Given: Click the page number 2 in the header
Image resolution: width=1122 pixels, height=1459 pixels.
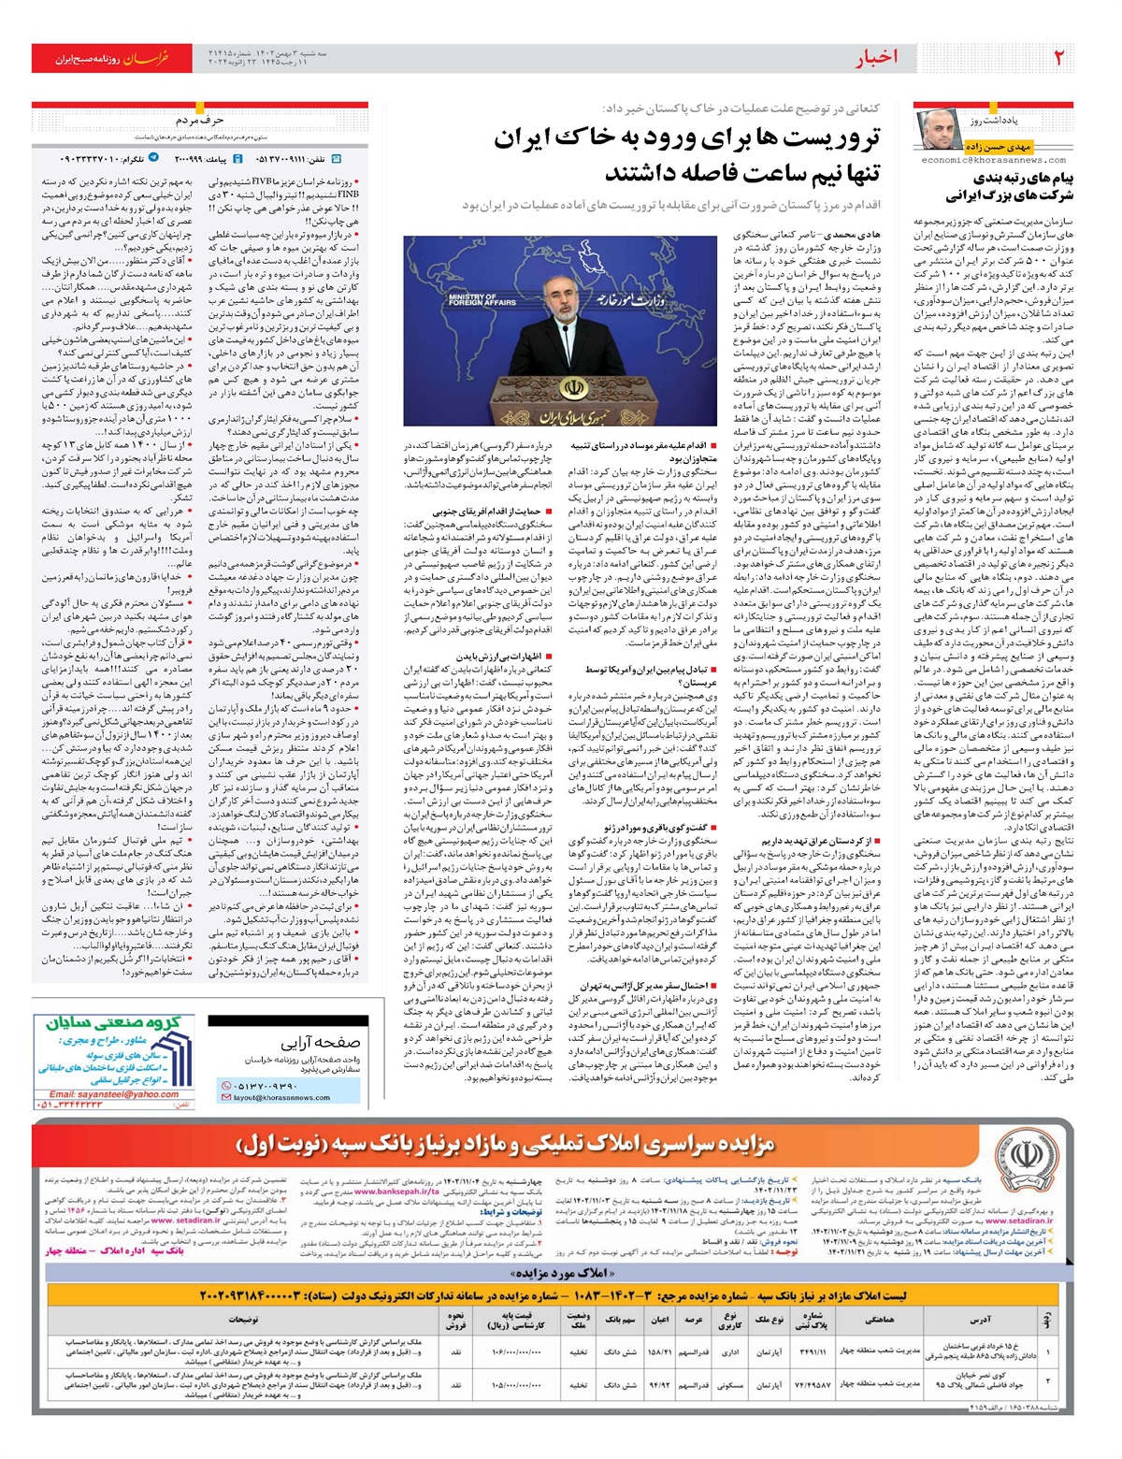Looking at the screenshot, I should point(1058,58).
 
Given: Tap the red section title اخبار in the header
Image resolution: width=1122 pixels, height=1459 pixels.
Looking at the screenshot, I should point(877,58).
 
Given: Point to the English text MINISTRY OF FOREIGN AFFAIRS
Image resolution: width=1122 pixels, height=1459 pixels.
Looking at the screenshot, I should point(482,299).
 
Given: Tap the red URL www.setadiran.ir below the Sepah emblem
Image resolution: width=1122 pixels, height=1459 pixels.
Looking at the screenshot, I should point(1018,1221).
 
